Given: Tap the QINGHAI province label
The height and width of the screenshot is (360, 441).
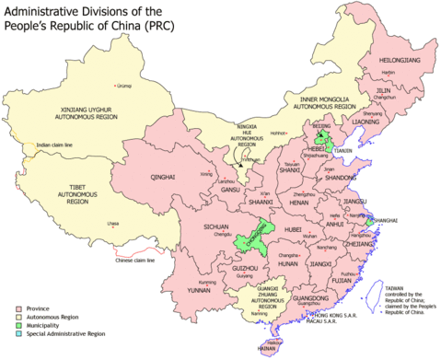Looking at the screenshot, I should pyautogui.click(x=163, y=180).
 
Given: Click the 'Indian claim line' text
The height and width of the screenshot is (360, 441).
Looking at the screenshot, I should pyautogui.click(x=56, y=145).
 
